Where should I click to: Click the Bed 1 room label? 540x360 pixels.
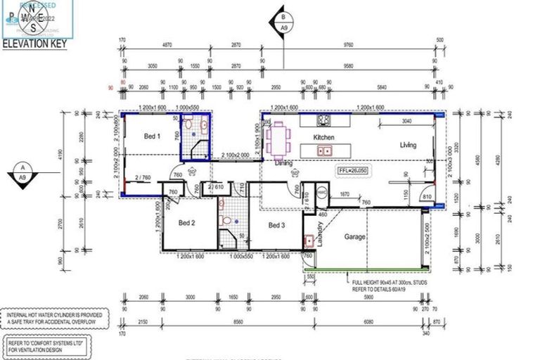click(153, 136)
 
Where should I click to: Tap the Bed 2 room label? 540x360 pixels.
click(186, 224)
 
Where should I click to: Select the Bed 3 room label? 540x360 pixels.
click(277, 225)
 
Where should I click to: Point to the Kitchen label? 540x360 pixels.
click(324, 137)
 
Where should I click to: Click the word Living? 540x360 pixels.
click(408, 146)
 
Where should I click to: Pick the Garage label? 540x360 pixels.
click(355, 237)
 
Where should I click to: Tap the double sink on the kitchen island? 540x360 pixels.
click(324, 150)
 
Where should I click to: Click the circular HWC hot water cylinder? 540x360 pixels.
click(322, 191)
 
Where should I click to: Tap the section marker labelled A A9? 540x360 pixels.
click(23, 173)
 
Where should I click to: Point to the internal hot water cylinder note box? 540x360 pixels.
click(54, 320)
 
